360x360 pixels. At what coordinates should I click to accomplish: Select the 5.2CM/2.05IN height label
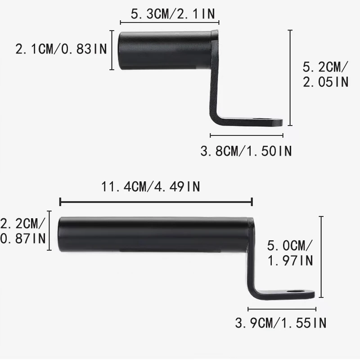click(325, 75)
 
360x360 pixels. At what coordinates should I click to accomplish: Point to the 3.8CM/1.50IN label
click(246, 151)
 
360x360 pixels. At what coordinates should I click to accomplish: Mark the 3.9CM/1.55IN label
click(281, 323)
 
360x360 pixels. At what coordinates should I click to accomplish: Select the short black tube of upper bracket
click(165, 50)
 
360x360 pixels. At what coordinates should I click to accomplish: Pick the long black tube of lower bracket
click(153, 234)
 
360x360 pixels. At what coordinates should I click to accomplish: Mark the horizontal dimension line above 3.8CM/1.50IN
click(247, 135)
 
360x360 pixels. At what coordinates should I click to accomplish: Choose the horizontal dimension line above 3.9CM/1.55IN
click(282, 309)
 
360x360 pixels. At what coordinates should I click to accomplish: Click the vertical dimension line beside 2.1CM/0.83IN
click(112, 50)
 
